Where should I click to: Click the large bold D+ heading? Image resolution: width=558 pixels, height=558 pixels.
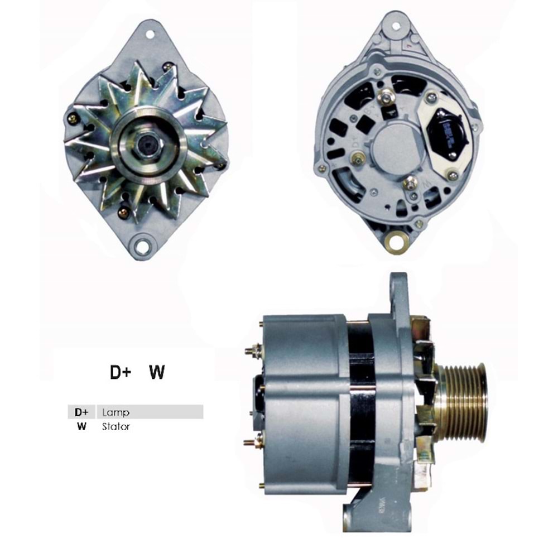(120, 373)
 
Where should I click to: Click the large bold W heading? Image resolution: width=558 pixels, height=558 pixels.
(157, 373)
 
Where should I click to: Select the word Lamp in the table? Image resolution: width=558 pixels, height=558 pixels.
(116, 413)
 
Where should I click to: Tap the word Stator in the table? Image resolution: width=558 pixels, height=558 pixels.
(116, 427)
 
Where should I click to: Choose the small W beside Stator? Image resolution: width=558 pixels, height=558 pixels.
(82, 427)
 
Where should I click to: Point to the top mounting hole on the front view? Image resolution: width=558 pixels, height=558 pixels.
(150, 35)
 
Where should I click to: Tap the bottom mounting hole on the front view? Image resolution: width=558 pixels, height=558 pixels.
(143, 246)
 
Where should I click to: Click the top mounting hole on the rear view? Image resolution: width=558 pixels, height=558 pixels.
(396, 26)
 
